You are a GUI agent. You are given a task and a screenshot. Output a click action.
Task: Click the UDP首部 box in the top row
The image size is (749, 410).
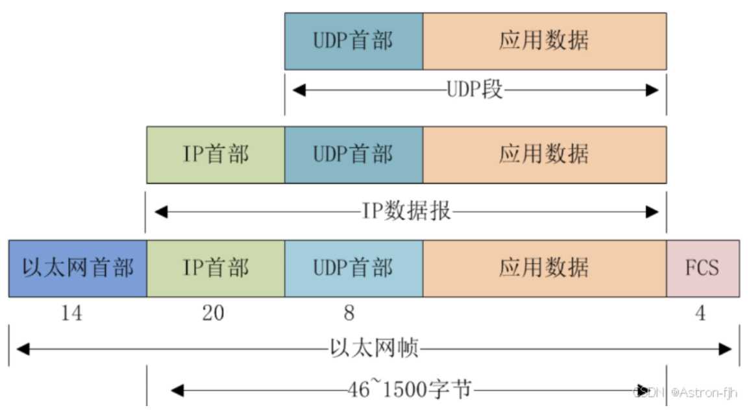tap(354, 41)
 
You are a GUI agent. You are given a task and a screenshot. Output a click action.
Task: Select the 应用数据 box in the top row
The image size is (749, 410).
tap(544, 41)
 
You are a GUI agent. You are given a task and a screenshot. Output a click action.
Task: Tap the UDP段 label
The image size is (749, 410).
tap(475, 90)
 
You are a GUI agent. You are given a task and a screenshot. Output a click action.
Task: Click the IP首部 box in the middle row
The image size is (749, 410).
tap(215, 154)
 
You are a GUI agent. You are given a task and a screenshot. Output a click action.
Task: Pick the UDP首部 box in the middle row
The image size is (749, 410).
tap(354, 154)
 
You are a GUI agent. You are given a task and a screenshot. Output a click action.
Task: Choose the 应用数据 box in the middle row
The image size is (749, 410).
tap(544, 154)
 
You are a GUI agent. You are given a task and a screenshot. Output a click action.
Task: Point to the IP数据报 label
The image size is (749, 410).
tap(406, 211)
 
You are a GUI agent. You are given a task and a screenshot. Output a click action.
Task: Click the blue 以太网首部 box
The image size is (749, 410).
tap(78, 268)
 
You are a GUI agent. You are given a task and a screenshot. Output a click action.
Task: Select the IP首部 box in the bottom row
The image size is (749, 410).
tap(215, 268)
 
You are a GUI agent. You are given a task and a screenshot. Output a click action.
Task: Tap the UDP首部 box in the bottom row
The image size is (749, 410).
tap(354, 268)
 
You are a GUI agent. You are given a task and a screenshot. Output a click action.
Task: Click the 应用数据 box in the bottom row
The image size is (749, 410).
tap(544, 268)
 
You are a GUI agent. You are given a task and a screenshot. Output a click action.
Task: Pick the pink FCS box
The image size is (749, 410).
tap(702, 268)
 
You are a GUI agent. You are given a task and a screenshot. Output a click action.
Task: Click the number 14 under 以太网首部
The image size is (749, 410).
tap(71, 313)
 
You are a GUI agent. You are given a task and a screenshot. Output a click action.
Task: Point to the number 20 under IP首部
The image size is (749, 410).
tap(213, 313)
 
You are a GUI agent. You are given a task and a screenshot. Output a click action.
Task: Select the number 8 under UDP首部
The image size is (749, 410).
tap(349, 313)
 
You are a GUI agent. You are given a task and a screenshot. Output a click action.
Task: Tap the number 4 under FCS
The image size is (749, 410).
tap(700, 313)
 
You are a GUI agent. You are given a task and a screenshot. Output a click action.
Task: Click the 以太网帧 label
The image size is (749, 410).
tap(374, 349)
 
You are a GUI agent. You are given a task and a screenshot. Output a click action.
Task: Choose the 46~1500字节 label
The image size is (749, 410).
tap(410, 390)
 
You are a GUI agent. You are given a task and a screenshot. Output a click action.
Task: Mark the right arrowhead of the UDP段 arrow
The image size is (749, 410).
tap(652, 90)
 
